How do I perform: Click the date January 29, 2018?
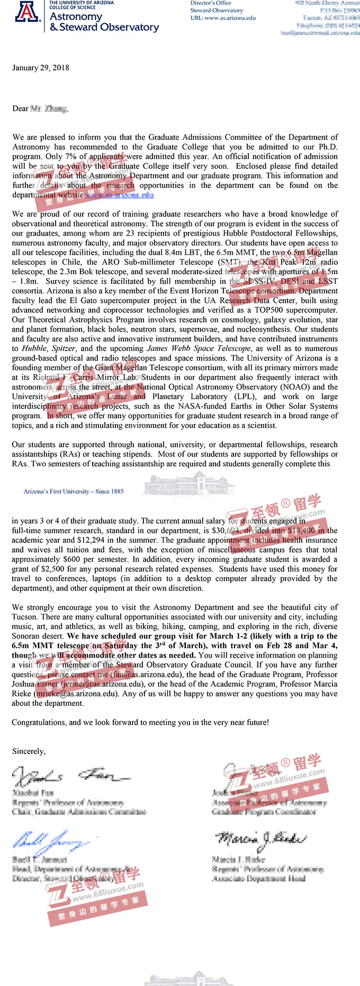[41, 68]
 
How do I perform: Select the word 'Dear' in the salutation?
[20, 109]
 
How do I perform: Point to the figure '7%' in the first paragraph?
[70, 156]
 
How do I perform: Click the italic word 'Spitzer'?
[64, 348]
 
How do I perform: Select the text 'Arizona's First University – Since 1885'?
[74, 491]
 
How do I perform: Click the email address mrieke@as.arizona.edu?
[75, 694]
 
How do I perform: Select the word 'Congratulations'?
[39, 722]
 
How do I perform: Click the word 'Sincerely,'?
[29, 751]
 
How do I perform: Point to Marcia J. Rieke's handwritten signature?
[259, 839]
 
